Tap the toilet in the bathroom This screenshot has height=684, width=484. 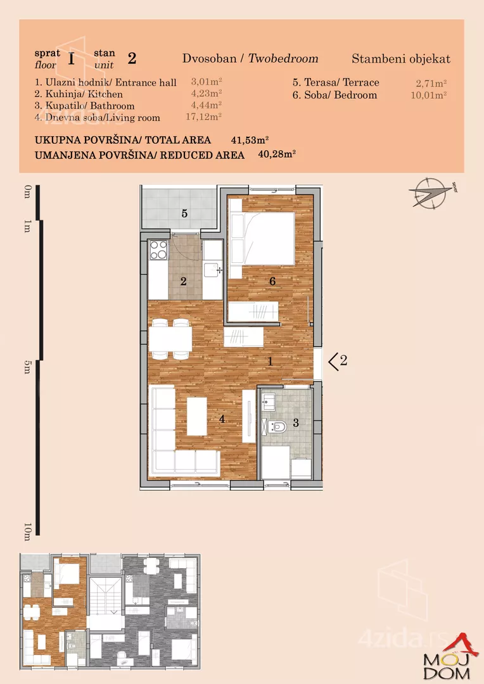pos(277,425)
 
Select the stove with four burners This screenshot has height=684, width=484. pos(158,250)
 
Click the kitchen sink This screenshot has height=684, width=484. pos(213,269)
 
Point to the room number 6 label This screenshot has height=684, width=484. pos(272,281)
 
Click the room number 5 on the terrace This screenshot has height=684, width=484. pos(184,213)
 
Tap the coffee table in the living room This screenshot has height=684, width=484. pos(197,415)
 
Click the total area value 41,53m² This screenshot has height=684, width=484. pos(250,140)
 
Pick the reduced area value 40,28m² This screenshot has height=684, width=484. pos(277,154)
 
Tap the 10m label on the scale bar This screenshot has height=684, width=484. pos(27,532)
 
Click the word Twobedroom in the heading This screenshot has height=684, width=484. pos(283,58)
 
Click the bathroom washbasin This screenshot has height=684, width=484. pos(269,400)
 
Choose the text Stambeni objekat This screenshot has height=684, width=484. pos(401,59)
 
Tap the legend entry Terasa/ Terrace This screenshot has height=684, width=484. pos(336,82)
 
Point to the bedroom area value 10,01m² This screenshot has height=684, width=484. pos(429,95)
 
